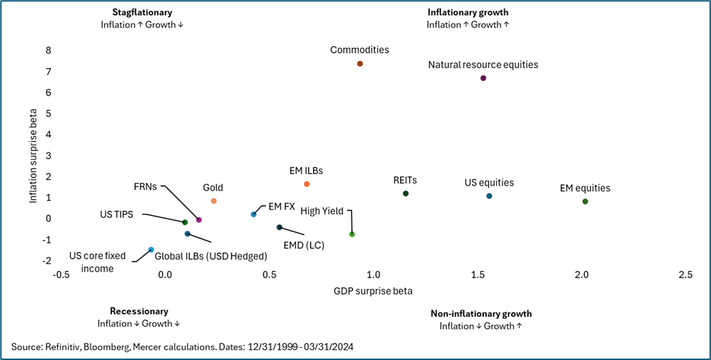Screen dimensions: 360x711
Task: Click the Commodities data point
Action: click(359, 64)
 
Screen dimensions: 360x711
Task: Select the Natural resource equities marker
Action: click(483, 78)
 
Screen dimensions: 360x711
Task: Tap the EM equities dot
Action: click(585, 202)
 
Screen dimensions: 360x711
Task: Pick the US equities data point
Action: click(489, 196)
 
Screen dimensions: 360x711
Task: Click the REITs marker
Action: click(406, 194)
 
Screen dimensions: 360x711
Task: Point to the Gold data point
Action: click(213, 201)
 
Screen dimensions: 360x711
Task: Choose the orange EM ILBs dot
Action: click(307, 184)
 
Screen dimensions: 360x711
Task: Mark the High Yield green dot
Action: click(352, 234)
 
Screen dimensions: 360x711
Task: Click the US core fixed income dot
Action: click(151, 249)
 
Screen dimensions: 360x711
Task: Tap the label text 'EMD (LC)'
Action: click(303, 245)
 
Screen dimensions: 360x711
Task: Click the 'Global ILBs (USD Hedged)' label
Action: click(211, 256)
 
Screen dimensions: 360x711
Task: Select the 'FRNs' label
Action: click(146, 185)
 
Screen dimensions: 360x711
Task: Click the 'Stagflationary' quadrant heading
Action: click(142, 12)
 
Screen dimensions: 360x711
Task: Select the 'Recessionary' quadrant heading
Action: click(139, 311)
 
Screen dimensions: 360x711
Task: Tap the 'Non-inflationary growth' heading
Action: click(481, 314)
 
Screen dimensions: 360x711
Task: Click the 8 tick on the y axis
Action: click(48, 51)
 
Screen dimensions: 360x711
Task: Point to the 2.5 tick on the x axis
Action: click(685, 275)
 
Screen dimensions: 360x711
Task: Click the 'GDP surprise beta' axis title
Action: click(372, 291)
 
